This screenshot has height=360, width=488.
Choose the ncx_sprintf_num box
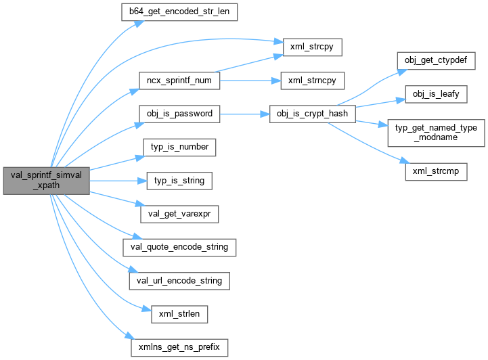coord(179,80)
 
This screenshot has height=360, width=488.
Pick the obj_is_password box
coord(179,113)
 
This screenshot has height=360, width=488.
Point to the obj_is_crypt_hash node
coord(312,113)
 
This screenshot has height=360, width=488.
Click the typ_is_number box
coord(179,147)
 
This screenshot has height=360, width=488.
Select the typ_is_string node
coord(179,181)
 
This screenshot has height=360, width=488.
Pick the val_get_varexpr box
coord(179,214)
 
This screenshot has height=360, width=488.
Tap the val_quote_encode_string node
coord(179,247)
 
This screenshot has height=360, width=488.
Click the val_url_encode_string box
coord(179,280)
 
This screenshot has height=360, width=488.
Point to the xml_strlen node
coord(179,313)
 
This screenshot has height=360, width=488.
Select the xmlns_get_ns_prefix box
coord(179,346)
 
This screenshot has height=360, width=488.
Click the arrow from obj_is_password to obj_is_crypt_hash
coord(244,113)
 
